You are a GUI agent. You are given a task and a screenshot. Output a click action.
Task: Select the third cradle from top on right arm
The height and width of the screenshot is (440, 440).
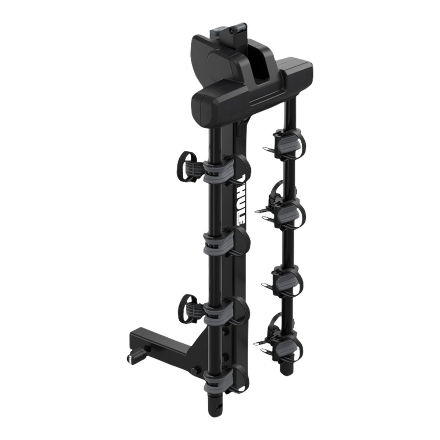pos(288,280)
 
